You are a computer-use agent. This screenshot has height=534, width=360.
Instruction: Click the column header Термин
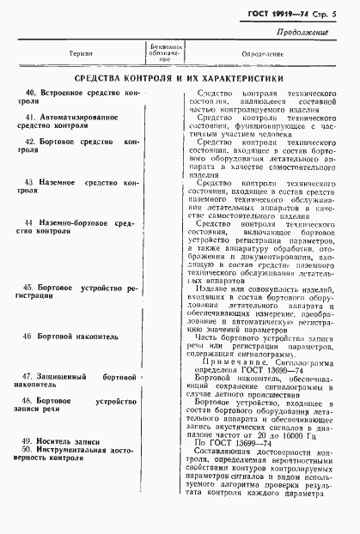(x=82, y=52)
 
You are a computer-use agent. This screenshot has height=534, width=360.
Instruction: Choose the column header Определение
(x=256, y=52)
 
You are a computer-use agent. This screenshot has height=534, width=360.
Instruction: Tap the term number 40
(x=31, y=91)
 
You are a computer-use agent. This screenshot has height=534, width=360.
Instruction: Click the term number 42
(x=31, y=141)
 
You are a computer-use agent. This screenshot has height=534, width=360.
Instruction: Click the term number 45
(x=31, y=287)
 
